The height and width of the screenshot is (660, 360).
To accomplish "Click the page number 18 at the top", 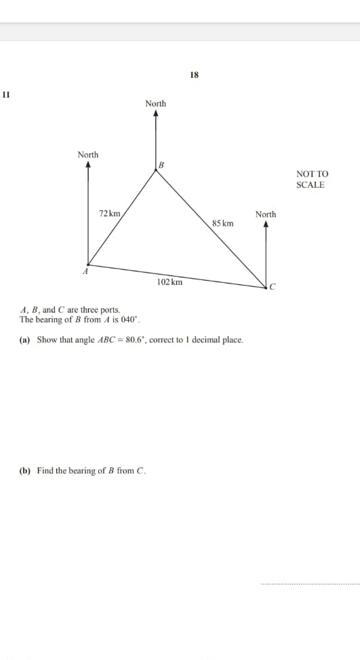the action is click(x=195, y=75).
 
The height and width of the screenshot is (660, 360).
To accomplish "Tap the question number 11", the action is click(x=6, y=94).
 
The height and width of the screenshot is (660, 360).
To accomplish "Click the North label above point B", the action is click(x=155, y=104).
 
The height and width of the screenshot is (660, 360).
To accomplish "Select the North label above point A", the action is click(x=88, y=155).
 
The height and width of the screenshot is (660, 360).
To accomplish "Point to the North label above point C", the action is click(x=266, y=214).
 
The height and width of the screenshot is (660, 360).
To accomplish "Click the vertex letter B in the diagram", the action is click(x=161, y=164).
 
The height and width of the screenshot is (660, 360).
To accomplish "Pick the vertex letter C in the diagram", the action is click(x=273, y=288).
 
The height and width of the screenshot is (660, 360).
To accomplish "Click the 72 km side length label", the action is click(x=109, y=214).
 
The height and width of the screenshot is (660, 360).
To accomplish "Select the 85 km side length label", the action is click(x=222, y=223).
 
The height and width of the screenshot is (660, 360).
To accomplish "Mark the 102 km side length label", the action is click(x=169, y=282).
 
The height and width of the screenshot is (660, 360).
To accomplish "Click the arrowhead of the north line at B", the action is click(x=156, y=114).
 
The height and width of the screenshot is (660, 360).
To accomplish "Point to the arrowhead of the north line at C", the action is click(x=266, y=224).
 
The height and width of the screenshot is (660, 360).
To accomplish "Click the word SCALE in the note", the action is click(x=311, y=185).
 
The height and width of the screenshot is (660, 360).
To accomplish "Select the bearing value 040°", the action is click(x=129, y=319).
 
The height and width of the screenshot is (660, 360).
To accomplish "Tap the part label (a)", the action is click(x=24, y=340).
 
